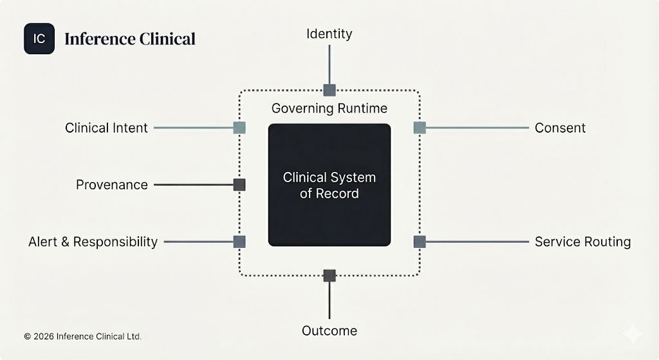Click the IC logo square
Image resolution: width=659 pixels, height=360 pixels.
(x=39, y=39)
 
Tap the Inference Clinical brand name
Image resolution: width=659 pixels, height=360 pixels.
(x=129, y=39)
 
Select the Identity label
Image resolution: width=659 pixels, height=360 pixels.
(x=329, y=33)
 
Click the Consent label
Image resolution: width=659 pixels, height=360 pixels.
(x=560, y=128)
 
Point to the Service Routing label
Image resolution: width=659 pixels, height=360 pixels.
(x=582, y=242)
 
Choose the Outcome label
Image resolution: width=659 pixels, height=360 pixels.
(x=329, y=331)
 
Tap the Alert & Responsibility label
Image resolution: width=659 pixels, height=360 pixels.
(x=93, y=242)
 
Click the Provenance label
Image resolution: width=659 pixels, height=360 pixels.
(x=112, y=185)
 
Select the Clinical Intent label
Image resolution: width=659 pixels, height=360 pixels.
(x=106, y=128)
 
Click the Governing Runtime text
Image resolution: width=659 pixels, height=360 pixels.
(x=329, y=108)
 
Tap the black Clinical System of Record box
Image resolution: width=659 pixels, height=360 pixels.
(x=329, y=185)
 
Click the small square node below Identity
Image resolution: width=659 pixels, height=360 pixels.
(x=329, y=90)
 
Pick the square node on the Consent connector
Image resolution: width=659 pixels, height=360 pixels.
(x=420, y=128)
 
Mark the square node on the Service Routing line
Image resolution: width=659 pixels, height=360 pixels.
(x=420, y=242)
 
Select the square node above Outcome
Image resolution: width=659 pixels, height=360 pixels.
(x=329, y=276)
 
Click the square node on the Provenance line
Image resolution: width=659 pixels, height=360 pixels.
(x=239, y=185)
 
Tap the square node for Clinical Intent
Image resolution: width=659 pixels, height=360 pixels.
(x=239, y=128)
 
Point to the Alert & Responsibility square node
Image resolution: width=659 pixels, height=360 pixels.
(x=239, y=242)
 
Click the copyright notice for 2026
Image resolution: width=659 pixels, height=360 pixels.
(x=82, y=336)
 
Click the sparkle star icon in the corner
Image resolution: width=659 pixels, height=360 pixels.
(x=632, y=334)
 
